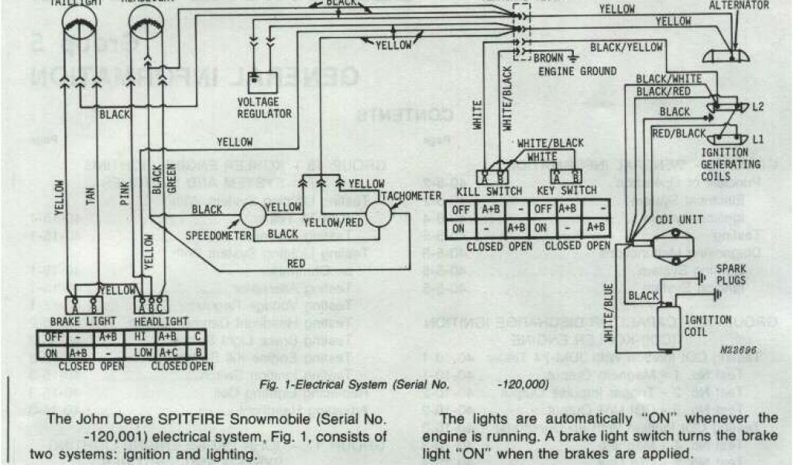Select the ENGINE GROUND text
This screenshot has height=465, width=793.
coord(578,72)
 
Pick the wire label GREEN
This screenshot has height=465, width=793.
coord(171,184)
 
